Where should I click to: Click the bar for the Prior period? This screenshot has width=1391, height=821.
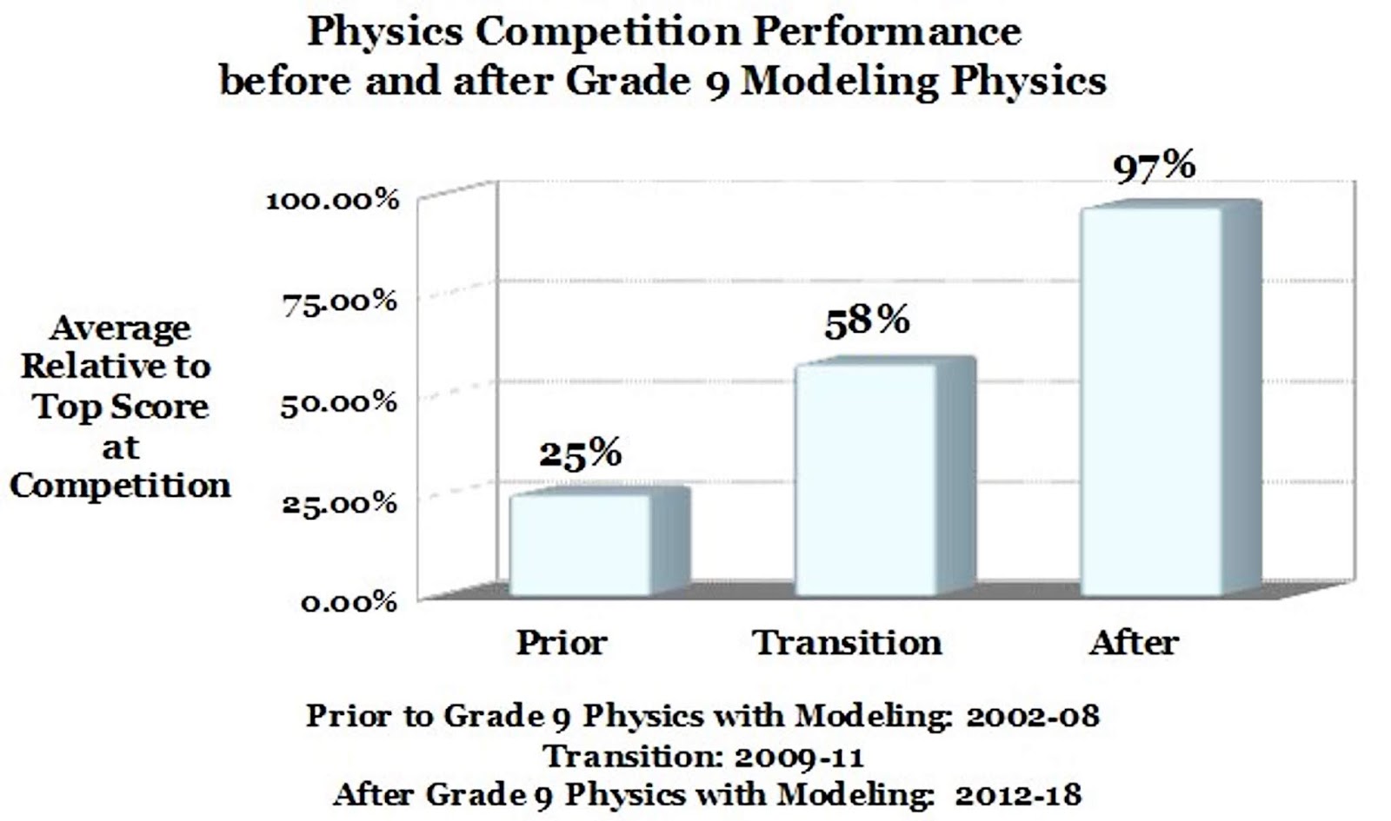[580, 545]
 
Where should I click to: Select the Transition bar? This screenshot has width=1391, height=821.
[867, 480]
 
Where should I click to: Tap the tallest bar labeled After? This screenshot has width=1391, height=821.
[1152, 401]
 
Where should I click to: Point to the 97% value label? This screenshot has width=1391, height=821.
[1155, 165]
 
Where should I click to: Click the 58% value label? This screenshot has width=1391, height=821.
[867, 321]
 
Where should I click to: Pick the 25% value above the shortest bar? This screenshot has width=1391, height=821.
[580, 454]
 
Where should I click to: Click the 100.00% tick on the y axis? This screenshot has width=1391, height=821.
[332, 201]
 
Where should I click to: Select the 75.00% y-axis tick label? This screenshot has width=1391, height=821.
[339, 302]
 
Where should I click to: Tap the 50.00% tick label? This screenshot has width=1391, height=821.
[338, 403]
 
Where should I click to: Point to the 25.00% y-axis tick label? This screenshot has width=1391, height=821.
[339, 503]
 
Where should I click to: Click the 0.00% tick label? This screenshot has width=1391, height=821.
[349, 602]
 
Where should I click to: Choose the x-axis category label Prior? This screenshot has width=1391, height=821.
[561, 643]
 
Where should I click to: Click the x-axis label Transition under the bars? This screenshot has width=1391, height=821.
[847, 643]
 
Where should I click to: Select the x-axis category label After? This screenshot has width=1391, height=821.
[1134, 643]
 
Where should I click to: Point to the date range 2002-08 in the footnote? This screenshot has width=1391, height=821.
[1032, 716]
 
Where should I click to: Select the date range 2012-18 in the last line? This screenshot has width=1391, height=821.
[1018, 795]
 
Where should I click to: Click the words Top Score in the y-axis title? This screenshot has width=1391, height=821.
[121, 407]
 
